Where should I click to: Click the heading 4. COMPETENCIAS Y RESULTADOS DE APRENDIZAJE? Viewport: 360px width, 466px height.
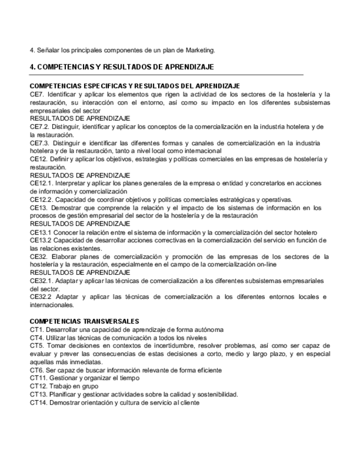click(121, 67)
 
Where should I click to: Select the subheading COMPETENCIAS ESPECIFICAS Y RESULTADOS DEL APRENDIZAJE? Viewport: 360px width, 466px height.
click(135, 86)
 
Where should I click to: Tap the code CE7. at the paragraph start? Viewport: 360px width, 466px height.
click(37, 94)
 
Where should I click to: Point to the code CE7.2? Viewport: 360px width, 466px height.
click(40, 126)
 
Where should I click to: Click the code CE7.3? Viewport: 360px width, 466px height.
click(40, 143)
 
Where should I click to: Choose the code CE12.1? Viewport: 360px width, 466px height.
click(42, 183)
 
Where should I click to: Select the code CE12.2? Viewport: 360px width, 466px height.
click(42, 199)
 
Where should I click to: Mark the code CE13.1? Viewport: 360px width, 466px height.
click(41, 232)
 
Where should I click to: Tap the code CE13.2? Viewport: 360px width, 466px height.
click(41, 240)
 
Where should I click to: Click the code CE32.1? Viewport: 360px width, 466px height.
click(42, 281)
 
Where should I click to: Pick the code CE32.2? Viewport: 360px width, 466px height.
click(42, 297)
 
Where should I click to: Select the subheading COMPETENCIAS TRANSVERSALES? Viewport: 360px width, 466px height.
click(84, 321)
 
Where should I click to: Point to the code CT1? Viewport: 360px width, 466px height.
click(36, 330)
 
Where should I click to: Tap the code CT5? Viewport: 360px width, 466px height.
click(36, 346)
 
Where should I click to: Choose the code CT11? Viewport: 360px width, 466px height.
click(38, 379)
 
